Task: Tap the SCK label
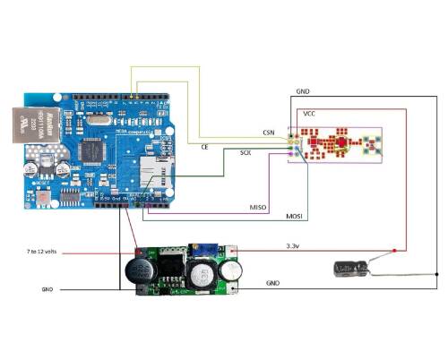(246, 153)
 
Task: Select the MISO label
(257, 208)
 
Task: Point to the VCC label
(310, 114)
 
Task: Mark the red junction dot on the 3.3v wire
(134, 252)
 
